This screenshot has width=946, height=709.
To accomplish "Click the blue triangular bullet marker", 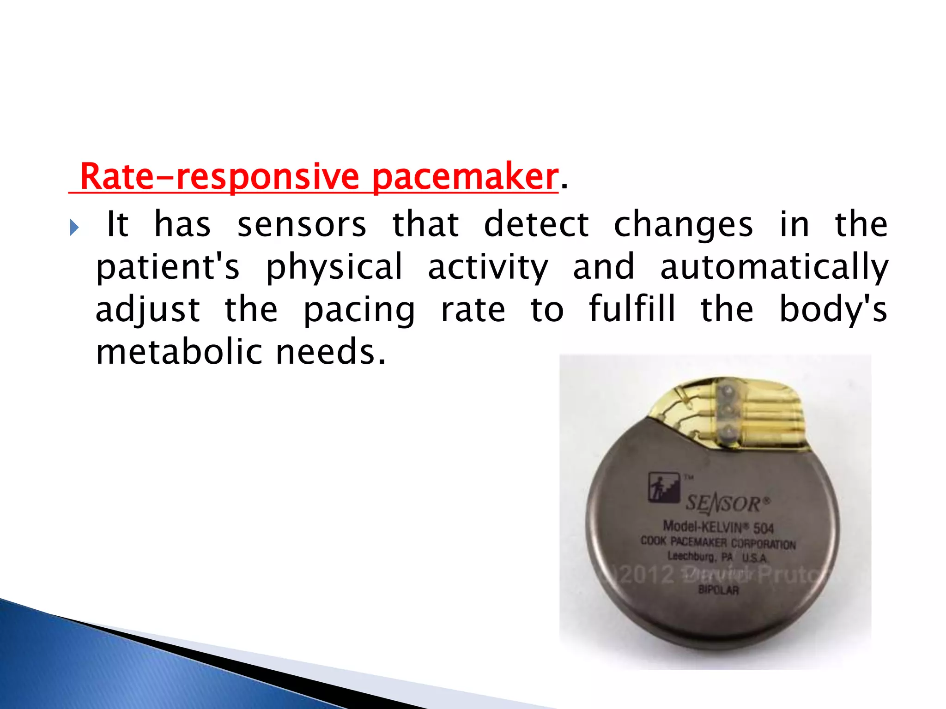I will click(74, 228).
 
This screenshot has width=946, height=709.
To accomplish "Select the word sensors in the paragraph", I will click(302, 225).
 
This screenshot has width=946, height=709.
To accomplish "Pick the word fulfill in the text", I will click(632, 310).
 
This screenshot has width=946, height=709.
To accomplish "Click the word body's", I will click(833, 310).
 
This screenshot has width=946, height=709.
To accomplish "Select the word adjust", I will click(148, 310).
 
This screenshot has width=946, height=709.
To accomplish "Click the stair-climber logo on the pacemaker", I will click(663, 487).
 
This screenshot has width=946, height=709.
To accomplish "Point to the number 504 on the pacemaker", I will click(763, 528).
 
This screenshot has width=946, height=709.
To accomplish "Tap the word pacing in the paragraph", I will click(359, 310).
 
